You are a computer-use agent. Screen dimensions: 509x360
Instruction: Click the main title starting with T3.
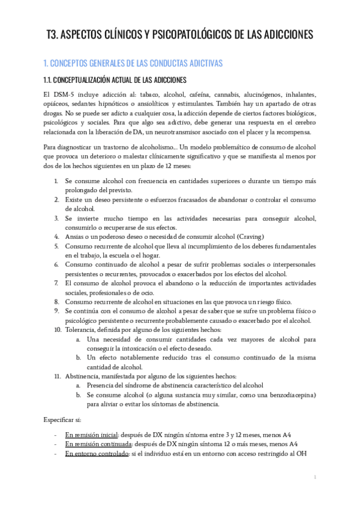click(x=179, y=35)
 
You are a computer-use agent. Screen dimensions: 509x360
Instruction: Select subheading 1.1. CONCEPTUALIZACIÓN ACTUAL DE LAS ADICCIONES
click(x=115, y=80)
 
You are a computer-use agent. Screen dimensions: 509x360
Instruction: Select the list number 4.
click(x=56, y=236)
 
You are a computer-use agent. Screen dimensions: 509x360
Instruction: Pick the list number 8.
click(x=56, y=301)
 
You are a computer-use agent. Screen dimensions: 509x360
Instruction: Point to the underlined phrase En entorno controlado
click(x=96, y=453)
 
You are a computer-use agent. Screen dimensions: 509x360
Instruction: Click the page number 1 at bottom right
click(x=315, y=477)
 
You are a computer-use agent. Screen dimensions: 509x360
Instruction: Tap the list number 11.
click(x=58, y=376)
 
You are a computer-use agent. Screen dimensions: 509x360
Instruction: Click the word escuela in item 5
click(x=162, y=255)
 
